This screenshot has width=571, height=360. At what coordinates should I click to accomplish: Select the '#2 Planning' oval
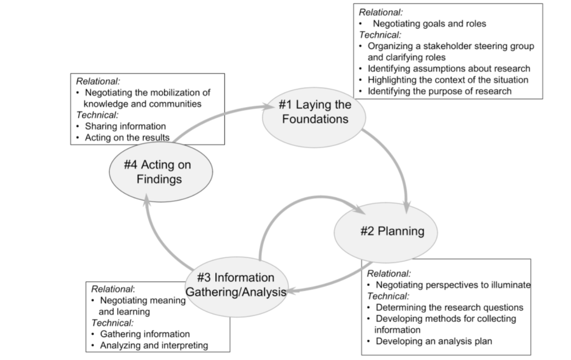385,232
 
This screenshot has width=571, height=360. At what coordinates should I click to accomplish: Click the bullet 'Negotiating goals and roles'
429,24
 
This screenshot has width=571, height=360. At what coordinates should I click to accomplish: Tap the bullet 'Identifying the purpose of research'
439,91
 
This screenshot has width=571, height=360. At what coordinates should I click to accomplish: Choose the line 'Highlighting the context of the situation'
447,80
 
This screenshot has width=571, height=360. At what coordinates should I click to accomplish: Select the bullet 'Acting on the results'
127,138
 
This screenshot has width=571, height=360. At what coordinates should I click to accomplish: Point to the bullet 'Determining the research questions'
449,307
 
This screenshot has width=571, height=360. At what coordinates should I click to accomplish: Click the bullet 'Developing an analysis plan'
433,341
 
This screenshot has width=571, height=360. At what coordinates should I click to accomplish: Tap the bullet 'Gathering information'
144,334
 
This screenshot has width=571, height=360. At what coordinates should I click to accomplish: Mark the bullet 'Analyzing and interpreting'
153,346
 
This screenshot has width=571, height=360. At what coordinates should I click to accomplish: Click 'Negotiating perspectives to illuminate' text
453,285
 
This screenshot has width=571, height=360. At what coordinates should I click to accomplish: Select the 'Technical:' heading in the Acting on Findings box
98,115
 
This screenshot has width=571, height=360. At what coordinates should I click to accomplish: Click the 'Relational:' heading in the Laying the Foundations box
381,12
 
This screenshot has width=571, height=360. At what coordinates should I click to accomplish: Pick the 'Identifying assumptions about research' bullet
448,69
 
